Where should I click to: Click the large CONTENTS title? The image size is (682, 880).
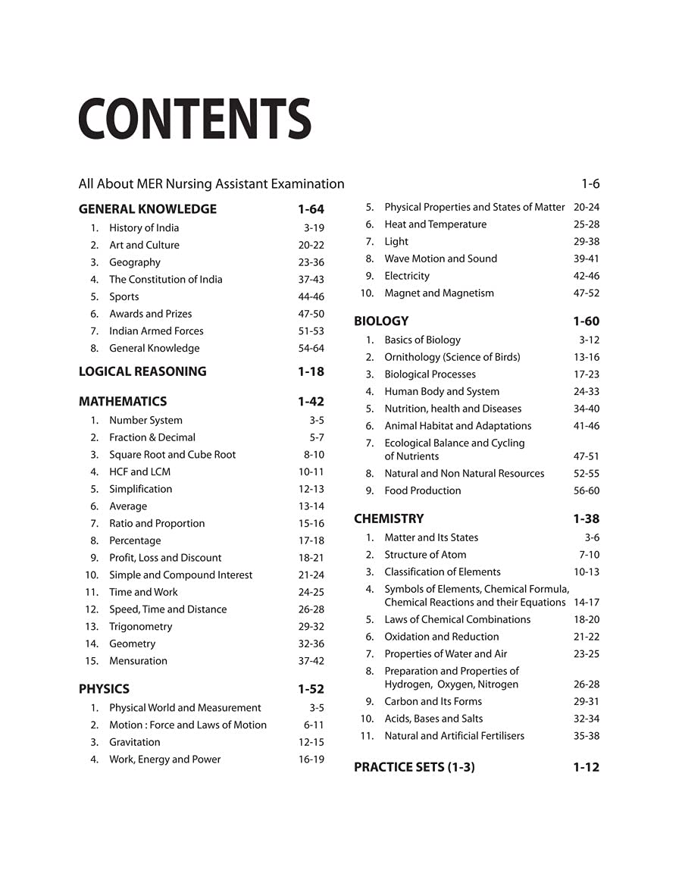[x=195, y=119]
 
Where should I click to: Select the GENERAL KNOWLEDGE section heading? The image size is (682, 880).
[x=148, y=209]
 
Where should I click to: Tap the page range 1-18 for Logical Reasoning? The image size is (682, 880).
[x=311, y=371]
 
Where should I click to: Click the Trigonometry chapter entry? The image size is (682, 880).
[x=140, y=627]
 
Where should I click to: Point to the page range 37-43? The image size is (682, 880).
[x=311, y=280]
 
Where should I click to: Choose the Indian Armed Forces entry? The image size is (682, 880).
[x=156, y=331]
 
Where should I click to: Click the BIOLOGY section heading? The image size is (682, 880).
[x=381, y=321]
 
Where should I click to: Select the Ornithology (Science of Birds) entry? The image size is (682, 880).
[x=452, y=357]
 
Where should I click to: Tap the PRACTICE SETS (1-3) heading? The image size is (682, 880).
[x=415, y=768]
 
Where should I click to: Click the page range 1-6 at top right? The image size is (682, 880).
[x=590, y=184]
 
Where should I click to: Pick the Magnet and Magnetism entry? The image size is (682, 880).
[x=439, y=293]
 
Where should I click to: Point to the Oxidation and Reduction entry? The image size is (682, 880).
[x=441, y=637]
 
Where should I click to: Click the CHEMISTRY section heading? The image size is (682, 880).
[x=389, y=519]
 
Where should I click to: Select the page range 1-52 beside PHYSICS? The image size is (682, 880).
[x=311, y=690]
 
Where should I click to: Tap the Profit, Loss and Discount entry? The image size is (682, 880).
[x=165, y=558]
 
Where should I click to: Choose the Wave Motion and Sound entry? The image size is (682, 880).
[x=440, y=258]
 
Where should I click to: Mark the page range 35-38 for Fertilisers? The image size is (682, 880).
[x=587, y=736]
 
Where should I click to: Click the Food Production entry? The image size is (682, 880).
[x=422, y=491]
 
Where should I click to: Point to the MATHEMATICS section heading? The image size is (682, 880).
[x=123, y=402]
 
